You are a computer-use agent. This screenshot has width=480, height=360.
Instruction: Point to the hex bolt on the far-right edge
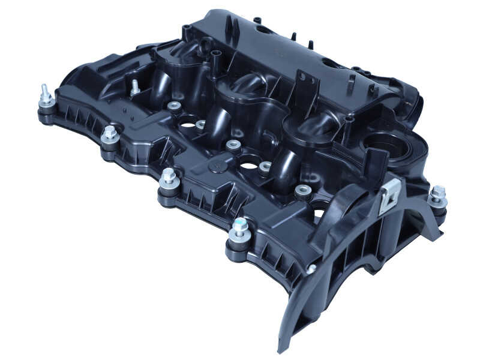pyautogui.click(x=437, y=196)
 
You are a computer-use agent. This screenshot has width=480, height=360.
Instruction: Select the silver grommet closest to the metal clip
pyautogui.click(x=302, y=191)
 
